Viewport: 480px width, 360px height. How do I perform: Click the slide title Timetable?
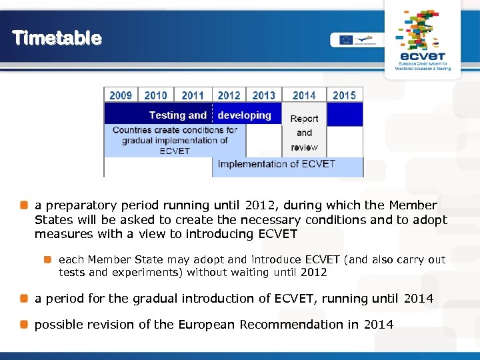pyautogui.click(x=57, y=38)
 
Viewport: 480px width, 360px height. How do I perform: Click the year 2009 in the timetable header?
pyautogui.click(x=121, y=95)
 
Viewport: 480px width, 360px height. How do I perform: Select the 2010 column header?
pyautogui.click(x=156, y=95)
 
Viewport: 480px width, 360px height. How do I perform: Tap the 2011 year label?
pyautogui.click(x=193, y=95)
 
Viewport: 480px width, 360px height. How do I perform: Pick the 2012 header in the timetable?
pyautogui.click(x=229, y=95)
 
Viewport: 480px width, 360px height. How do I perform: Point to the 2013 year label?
pyautogui.click(x=264, y=95)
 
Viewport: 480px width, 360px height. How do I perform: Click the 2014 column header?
pyautogui.click(x=304, y=95)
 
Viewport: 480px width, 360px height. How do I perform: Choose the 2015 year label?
pyautogui.click(x=344, y=95)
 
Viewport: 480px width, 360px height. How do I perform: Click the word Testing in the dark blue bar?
pyautogui.click(x=167, y=115)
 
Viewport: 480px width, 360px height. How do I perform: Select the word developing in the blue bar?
pyautogui.click(x=244, y=115)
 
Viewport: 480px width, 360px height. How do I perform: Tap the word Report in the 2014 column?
pyautogui.click(x=304, y=119)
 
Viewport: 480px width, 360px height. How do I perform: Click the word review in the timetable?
pyautogui.click(x=304, y=147)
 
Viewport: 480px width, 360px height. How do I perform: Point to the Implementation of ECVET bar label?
pyautogui.click(x=277, y=164)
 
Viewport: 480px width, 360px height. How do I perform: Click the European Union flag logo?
pyautogui.click(x=345, y=39)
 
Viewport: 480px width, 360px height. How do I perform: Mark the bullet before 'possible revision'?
pyautogui.click(x=24, y=325)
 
